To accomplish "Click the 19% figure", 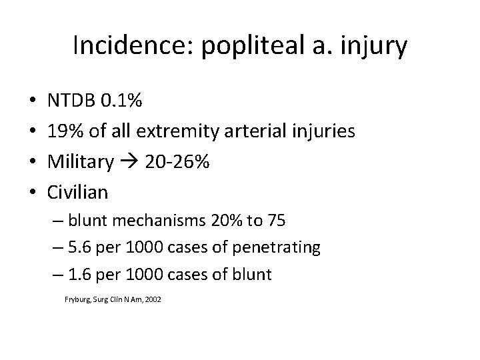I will pyautogui.click(x=64, y=131).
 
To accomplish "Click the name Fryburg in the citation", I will pyautogui.click(x=77, y=300).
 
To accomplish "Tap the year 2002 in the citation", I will pyautogui.click(x=153, y=300).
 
